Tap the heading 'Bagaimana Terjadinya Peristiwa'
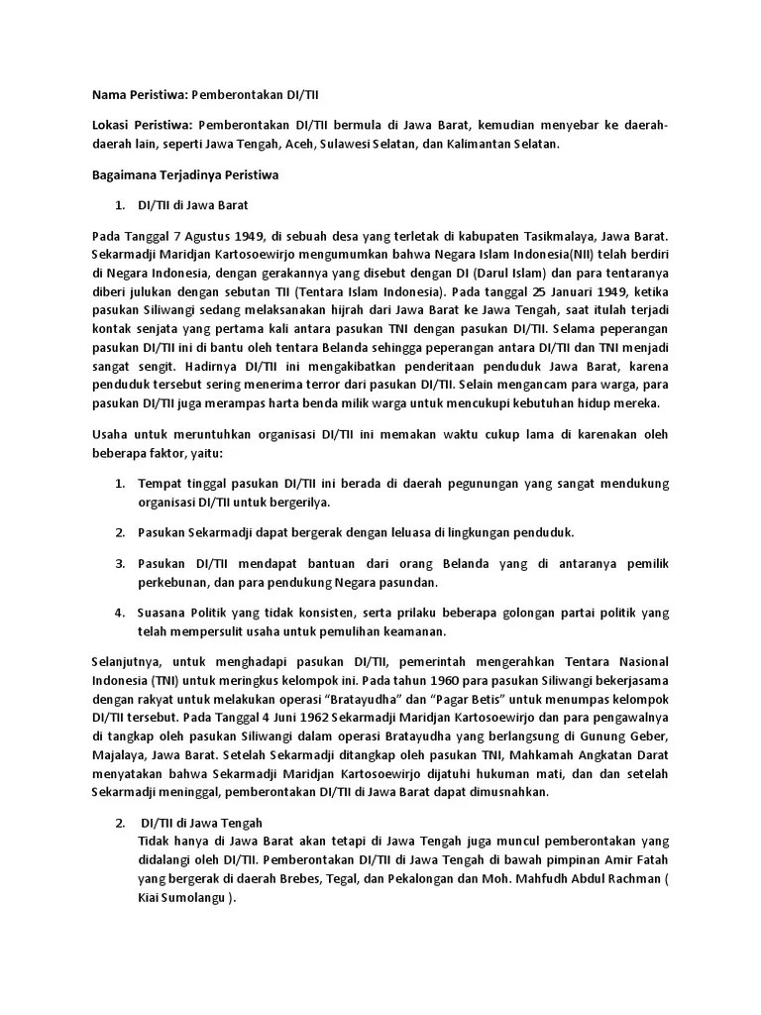[182, 174]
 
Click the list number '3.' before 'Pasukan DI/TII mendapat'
[119, 563]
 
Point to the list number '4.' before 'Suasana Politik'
[119, 613]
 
